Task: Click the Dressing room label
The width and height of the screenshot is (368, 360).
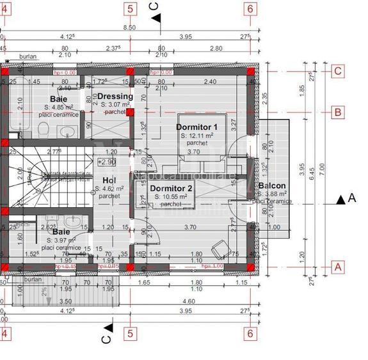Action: click(x=115, y=97)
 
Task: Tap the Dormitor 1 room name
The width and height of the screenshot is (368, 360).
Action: click(x=197, y=127)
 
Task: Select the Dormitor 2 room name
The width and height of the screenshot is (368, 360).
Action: click(x=171, y=188)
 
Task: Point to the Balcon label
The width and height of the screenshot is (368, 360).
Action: click(x=272, y=186)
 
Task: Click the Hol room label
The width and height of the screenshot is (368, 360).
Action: click(x=109, y=180)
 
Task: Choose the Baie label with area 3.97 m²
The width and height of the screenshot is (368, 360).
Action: click(x=61, y=231)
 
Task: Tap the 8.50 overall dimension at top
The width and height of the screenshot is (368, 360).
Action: click(x=129, y=27)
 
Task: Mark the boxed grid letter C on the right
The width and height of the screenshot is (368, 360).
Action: click(x=337, y=71)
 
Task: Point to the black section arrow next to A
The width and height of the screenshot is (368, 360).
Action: click(x=340, y=200)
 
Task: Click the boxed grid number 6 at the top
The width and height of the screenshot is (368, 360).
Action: click(x=250, y=9)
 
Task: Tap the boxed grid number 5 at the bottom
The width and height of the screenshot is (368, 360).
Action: click(x=131, y=333)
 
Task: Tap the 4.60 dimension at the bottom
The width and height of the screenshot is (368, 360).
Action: click(x=188, y=301)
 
